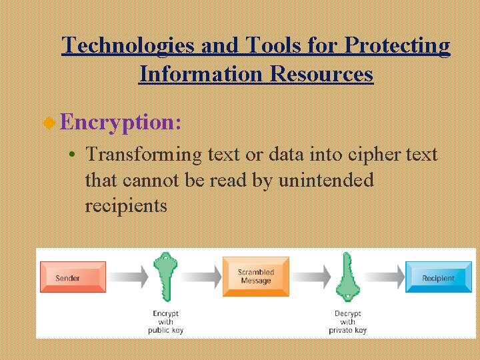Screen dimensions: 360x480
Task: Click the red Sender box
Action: click(73, 277)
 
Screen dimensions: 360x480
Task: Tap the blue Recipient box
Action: click(438, 277)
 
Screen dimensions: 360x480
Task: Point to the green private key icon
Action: click(347, 277)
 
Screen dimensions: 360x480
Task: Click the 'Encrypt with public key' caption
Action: click(165, 321)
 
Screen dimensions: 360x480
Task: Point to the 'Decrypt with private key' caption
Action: click(347, 321)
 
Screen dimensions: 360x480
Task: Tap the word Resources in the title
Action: click(321, 73)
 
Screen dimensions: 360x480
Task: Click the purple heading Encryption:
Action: click(120, 122)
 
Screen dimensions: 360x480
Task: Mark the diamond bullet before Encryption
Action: click(49, 123)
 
